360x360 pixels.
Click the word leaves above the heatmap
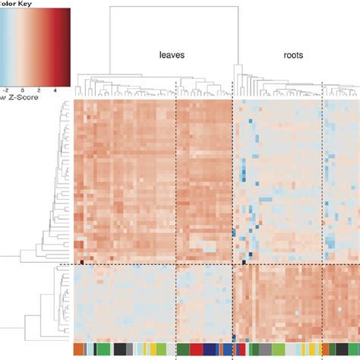(172, 55)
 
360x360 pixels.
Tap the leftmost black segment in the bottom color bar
(120, 349)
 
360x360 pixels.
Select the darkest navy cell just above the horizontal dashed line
(243, 262)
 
